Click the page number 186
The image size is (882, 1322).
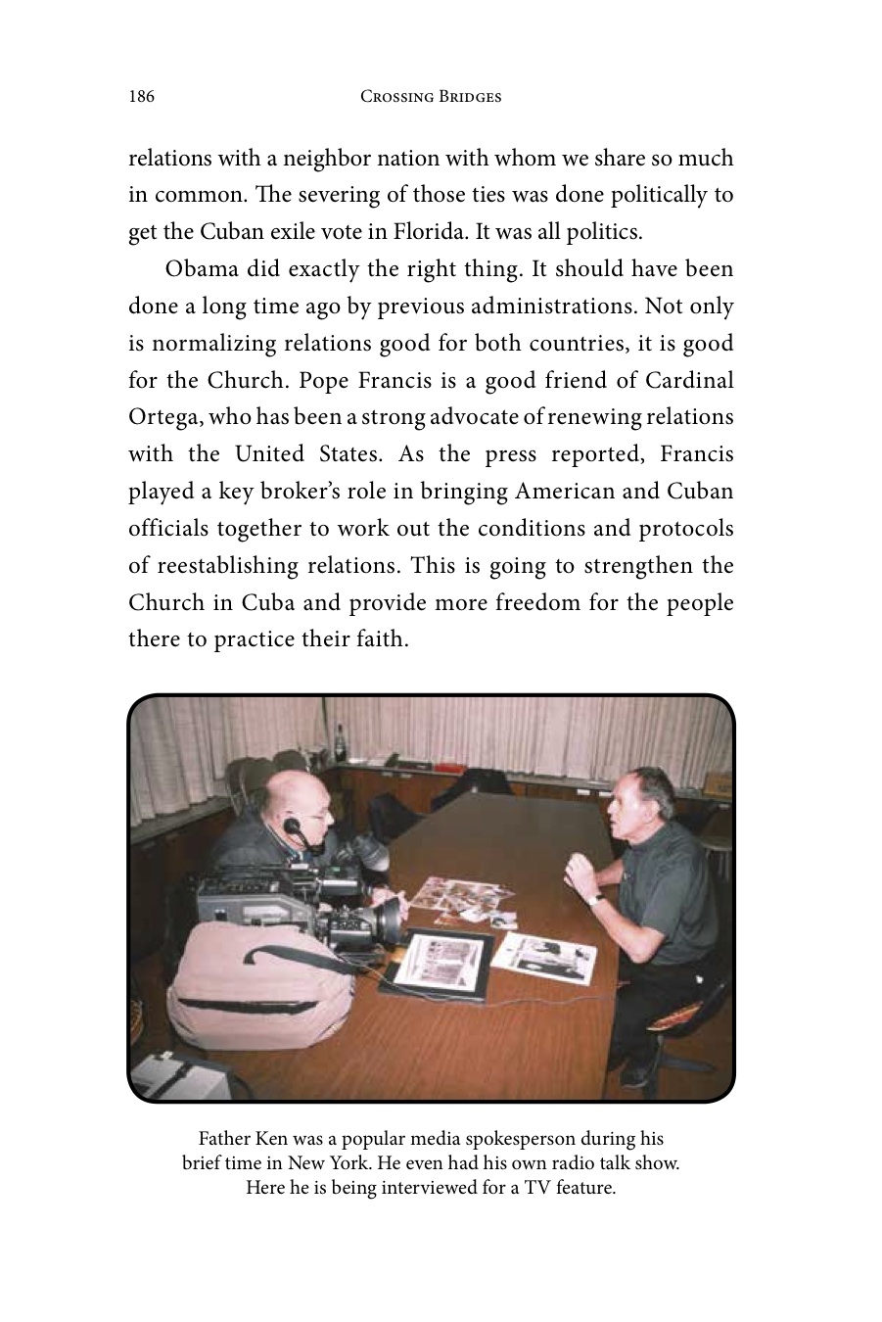coord(141,96)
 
